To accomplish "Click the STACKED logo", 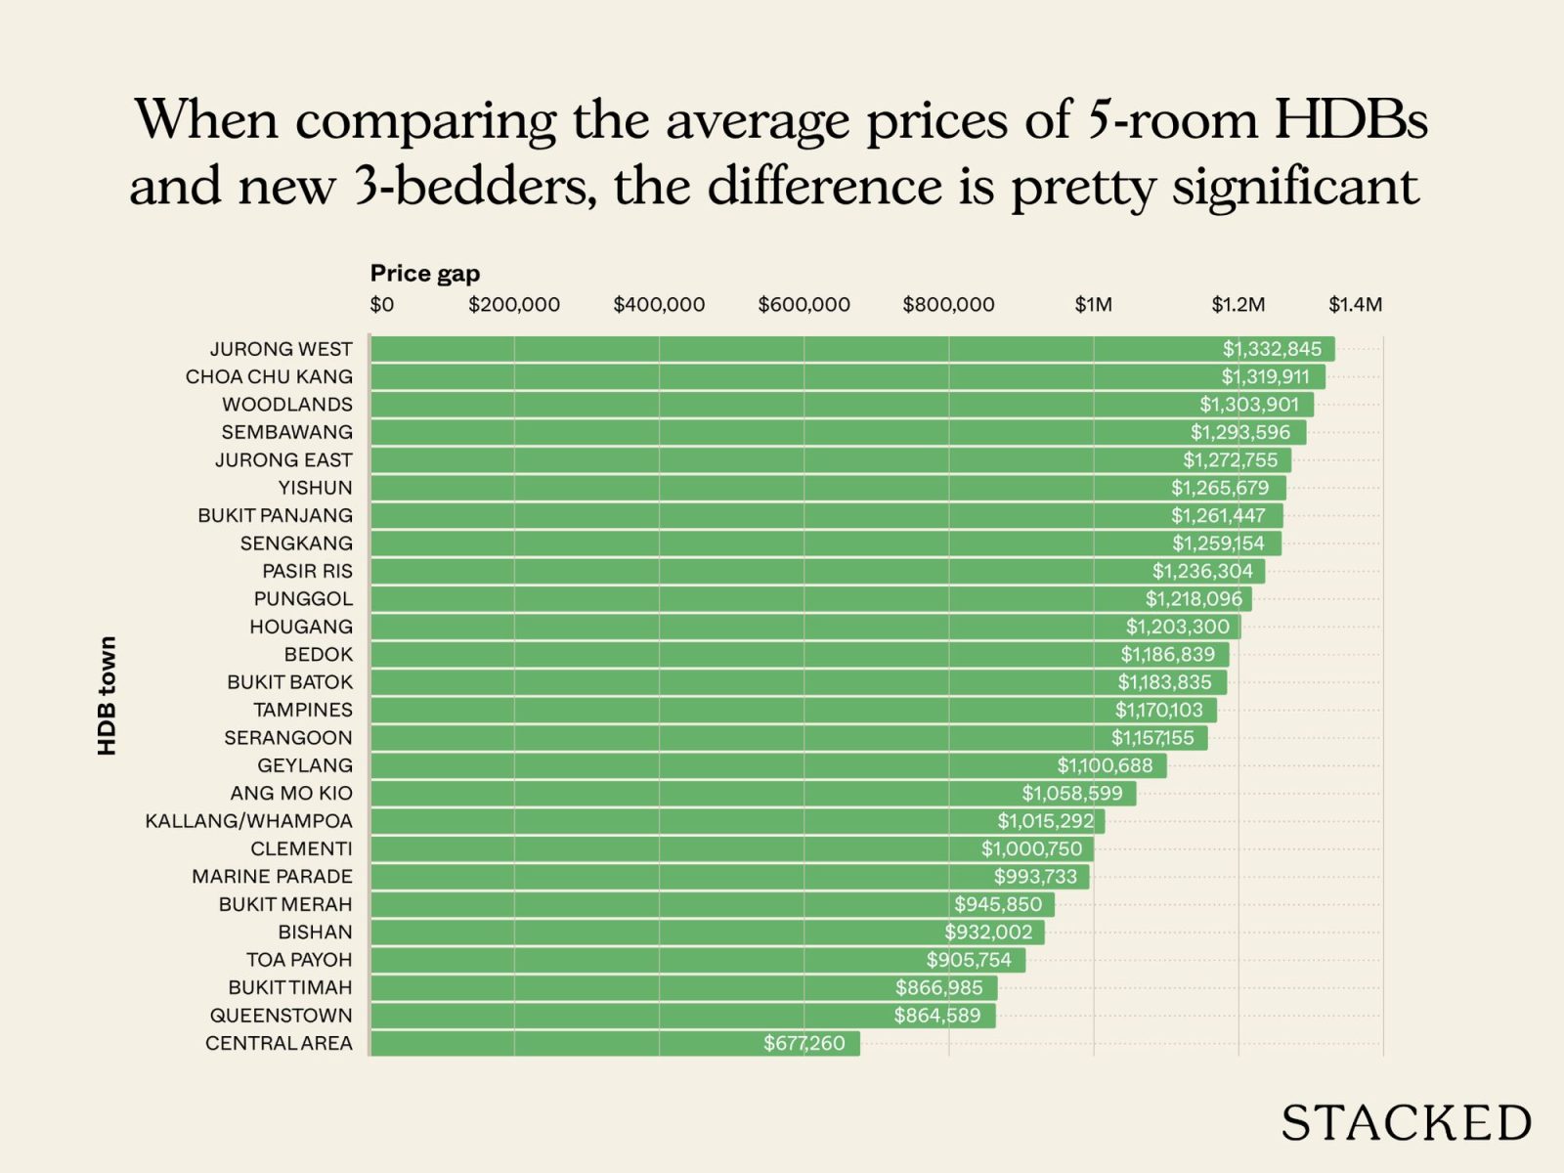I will pos(1406,1123).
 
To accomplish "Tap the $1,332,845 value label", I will pos(1272,349).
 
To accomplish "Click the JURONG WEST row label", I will pos(281,349).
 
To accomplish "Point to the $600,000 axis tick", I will pos(804,305).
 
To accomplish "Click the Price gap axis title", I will pos(424,274).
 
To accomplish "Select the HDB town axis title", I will pos(107,695).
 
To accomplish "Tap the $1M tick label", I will pos(1093,305).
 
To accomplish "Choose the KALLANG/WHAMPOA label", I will pos(248,821).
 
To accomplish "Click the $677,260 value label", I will pos(804,1043).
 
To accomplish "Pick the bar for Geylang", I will pos(767,765).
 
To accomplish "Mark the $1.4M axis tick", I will pos(1355,305).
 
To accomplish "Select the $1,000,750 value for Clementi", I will pos(1031,848).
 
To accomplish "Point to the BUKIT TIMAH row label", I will pos(289,987).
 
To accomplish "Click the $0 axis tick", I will pos(381,305).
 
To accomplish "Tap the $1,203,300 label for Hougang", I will pos(1177,627).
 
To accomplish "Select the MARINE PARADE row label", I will pos(272,877).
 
